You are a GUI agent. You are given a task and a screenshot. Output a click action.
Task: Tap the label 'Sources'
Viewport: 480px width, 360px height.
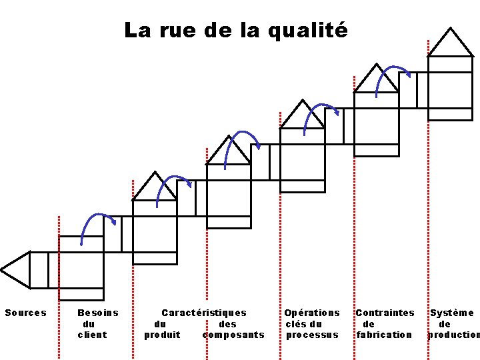26,313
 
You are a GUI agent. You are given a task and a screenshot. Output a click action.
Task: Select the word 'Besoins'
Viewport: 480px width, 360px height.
98,313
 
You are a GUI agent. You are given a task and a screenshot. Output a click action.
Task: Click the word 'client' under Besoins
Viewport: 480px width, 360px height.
92,335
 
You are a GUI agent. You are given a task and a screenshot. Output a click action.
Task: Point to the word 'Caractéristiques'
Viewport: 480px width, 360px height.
204,313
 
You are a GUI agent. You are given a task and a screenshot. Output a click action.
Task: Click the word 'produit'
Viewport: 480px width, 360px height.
162,335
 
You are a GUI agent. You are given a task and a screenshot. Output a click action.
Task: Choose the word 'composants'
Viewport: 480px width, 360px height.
233,335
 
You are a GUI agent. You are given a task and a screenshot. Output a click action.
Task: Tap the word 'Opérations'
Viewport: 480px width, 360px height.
312,313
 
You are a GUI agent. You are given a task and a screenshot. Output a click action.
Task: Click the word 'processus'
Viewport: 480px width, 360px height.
312,335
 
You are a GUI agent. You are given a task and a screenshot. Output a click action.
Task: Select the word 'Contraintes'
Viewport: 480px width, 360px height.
385,313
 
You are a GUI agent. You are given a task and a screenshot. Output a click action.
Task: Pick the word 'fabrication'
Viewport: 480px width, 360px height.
384,335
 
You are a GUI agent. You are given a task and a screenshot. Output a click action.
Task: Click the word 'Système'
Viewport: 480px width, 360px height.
451,313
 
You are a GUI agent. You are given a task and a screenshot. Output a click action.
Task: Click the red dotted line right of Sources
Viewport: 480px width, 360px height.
59,260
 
